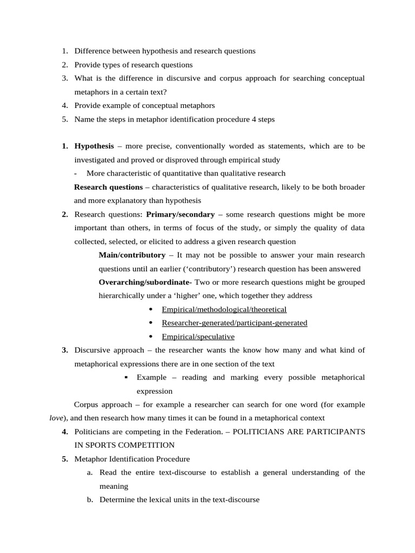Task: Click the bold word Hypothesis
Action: (x=94, y=146)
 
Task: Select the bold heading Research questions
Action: (x=108, y=187)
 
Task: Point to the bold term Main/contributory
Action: (x=132, y=255)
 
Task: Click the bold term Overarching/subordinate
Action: (x=145, y=282)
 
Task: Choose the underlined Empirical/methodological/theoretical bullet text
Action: (x=224, y=309)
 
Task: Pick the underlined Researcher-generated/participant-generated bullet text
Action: (x=235, y=323)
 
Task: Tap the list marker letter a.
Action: (x=89, y=473)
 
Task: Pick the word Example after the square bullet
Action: (x=151, y=377)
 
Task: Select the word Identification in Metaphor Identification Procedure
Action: (x=132, y=459)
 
